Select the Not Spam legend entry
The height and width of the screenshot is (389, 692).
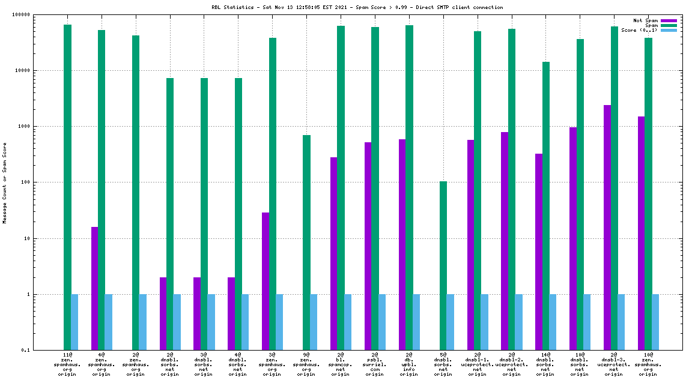646,20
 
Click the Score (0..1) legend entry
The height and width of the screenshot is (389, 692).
640,30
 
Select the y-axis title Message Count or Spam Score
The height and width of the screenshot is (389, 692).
5,182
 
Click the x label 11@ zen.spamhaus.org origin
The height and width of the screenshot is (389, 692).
67,364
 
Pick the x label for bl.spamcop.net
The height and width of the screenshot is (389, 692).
340,364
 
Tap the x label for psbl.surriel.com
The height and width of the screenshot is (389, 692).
374,364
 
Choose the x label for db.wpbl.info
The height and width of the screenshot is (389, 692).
408,364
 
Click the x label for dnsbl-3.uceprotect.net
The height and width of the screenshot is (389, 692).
613,364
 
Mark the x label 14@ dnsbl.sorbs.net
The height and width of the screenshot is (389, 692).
545,364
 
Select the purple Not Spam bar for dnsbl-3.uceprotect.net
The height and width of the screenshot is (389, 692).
607,228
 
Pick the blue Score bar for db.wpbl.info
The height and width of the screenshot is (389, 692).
416,322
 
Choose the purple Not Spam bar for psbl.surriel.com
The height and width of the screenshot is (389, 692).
368,246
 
